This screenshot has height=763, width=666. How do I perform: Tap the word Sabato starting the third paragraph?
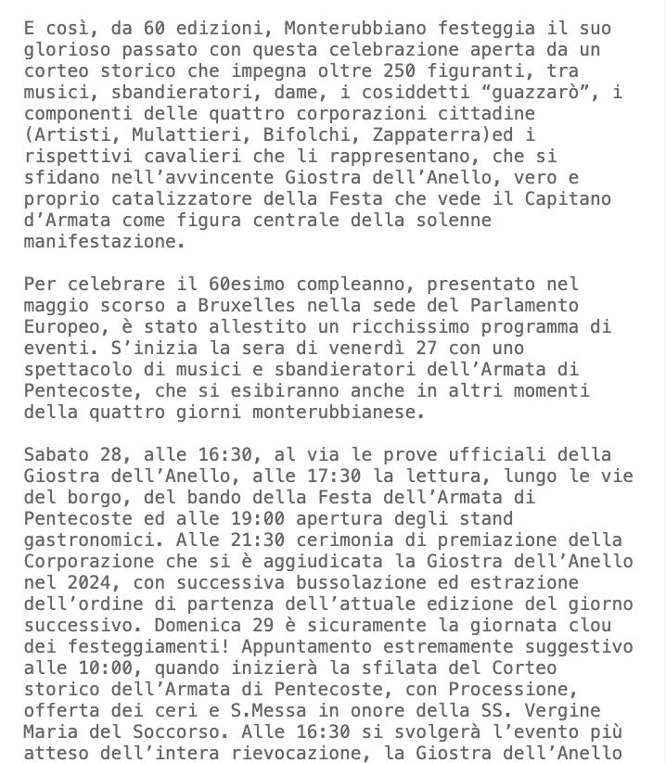click(x=56, y=454)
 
